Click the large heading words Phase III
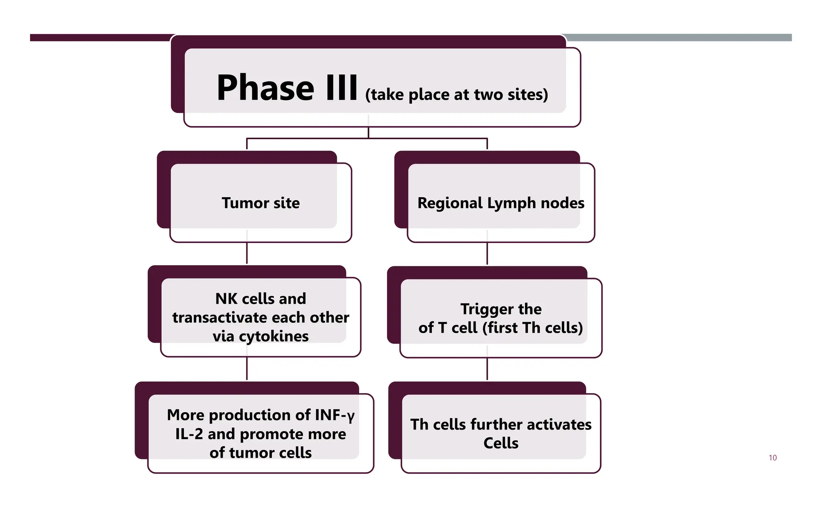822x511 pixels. coord(287,88)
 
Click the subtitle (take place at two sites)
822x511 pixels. coord(456,95)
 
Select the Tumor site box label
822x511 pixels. coord(260,203)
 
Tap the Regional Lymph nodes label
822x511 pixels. coord(501,203)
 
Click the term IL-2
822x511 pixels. coord(189,434)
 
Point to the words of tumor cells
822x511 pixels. coord(260,453)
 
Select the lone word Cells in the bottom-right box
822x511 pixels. coord(501,443)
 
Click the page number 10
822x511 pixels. coord(772,458)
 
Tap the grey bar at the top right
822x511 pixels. coord(678,37)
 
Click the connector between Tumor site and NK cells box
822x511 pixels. coord(247,253)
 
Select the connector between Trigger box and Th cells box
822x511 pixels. coord(487,369)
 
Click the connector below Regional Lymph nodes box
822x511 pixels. coord(487,253)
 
